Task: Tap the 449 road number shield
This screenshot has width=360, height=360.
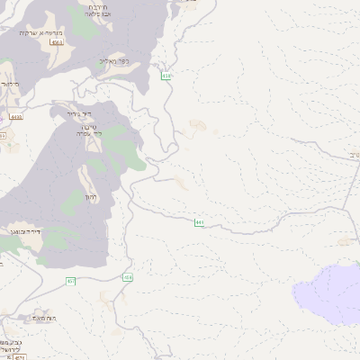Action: pyautogui.click(x=198, y=221)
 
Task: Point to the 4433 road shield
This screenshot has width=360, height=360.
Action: pyautogui.click(x=15, y=117)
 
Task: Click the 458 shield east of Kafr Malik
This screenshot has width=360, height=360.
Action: pyautogui.click(x=167, y=76)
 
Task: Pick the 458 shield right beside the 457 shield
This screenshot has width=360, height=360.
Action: pyautogui.click(x=128, y=277)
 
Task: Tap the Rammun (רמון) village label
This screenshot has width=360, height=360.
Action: pyautogui.click(x=89, y=196)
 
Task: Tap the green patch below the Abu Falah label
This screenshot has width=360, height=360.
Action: pyautogui.click(x=81, y=29)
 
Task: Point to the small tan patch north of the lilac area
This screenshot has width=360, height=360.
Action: pyautogui.click(x=343, y=240)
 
